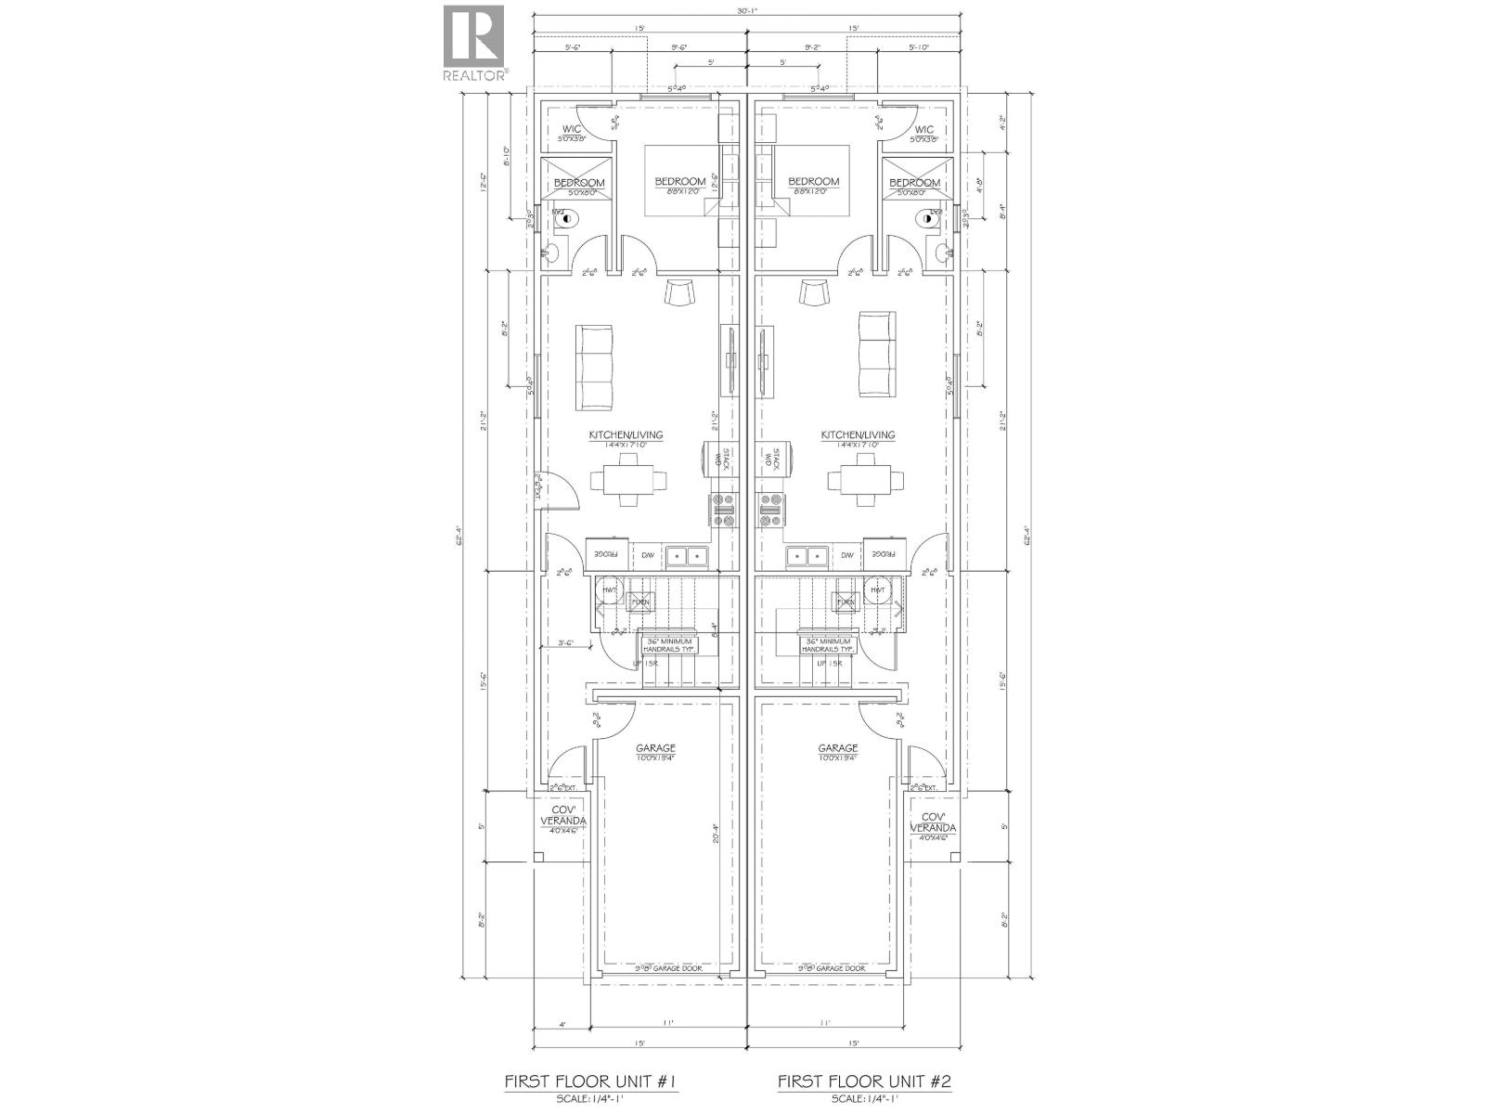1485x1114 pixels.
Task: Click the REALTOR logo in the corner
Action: [473, 42]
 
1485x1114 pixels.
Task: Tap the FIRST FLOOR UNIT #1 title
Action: [595, 1056]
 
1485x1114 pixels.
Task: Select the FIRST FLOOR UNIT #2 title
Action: [864, 1056]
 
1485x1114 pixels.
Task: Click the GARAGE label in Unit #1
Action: [655, 748]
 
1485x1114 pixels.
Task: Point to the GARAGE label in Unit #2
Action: [837, 748]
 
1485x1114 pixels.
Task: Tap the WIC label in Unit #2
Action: [923, 130]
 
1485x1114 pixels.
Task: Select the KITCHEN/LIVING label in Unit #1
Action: [626, 435]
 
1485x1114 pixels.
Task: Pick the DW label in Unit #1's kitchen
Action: [647, 555]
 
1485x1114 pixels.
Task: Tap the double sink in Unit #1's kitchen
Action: [688, 555]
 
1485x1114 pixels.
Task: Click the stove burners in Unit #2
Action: [771, 504]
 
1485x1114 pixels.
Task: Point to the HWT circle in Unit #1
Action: [610, 589]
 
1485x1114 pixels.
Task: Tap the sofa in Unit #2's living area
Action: [876, 354]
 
